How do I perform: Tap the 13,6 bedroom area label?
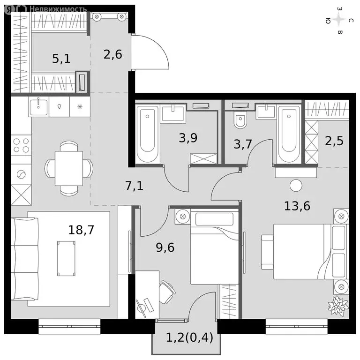[297, 206]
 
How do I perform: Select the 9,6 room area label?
[165, 247]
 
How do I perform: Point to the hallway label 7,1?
[134, 186]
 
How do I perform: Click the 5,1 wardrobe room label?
[61, 59]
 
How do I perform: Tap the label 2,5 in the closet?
[334, 140]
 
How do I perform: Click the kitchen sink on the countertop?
[38, 106]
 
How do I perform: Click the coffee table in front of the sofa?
[66, 258]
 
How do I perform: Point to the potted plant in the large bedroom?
[338, 306]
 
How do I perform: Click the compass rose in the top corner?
[339, 20]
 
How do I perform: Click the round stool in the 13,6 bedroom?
[296, 186]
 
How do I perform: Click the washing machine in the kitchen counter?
[21, 174]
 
